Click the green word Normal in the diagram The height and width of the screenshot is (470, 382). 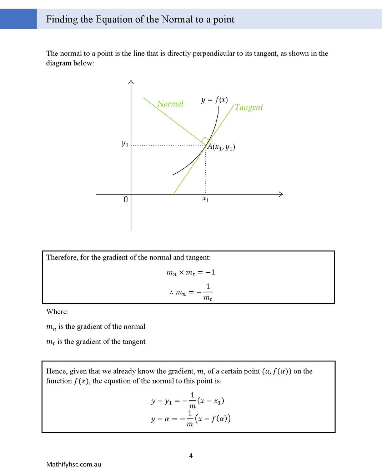pos(170,104)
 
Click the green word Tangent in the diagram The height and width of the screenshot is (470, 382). pos(249,107)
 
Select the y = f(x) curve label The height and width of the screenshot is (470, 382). pos(214,100)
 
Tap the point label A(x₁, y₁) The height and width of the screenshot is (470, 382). pos(221,147)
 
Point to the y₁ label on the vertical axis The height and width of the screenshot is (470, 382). pos(125,144)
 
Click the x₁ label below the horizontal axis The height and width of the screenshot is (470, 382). pos(206,199)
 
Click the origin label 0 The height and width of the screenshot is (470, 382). pos(125,199)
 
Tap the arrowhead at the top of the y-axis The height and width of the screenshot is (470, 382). pos(131,82)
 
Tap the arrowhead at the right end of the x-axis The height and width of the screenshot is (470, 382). pos(281,194)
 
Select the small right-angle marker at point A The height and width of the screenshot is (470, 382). pos(205,140)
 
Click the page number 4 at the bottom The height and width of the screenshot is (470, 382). pos(191,456)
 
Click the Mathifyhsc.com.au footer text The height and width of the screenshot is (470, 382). pos(74,464)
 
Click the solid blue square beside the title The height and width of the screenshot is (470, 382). pos(18,19)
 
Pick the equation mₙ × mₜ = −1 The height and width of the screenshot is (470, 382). pos(191,273)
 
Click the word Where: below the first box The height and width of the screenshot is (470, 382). pos(57,312)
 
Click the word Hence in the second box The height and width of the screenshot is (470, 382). pos(56,371)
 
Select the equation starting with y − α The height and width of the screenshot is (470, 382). pos(191,419)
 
